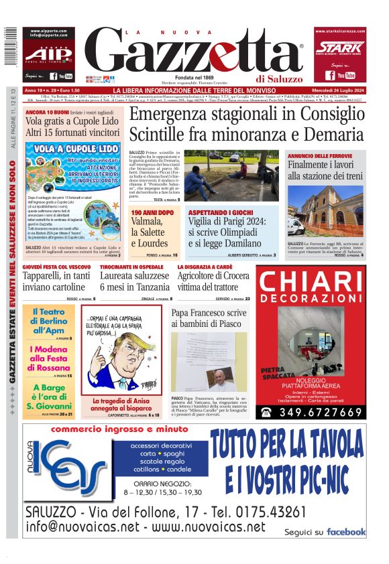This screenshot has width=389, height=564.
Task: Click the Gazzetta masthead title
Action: [x=194, y=54]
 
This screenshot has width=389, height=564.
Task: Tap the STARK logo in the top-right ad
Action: [x=339, y=47]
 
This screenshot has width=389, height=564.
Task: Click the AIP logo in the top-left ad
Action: [x=48, y=54]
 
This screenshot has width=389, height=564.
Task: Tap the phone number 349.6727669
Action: [x=318, y=412]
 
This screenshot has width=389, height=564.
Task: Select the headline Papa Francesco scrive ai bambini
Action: [x=209, y=318]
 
